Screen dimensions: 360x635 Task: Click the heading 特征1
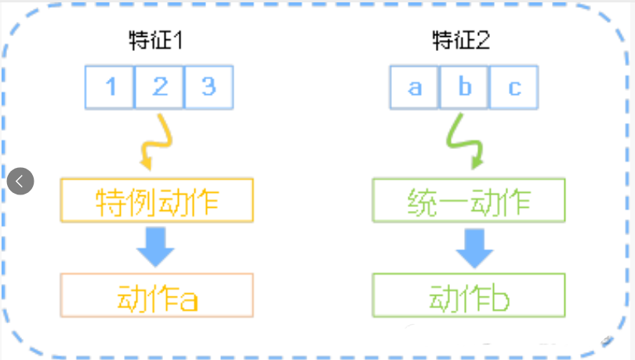coord(156,41)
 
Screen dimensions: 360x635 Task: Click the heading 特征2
coord(462,41)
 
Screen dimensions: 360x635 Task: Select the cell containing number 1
coord(110,86)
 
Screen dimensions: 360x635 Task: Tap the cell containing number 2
coord(159,86)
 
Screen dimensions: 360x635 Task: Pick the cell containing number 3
coord(209,86)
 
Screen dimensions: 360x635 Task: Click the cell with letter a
coord(415,86)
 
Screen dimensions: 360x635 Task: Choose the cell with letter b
coord(464,86)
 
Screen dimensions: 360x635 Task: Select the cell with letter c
coord(513,86)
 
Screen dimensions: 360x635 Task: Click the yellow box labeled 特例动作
coord(157,200)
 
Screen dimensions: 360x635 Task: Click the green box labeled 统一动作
coord(468,200)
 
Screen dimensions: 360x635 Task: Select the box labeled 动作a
coord(157,296)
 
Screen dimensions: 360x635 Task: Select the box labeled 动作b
coord(468,296)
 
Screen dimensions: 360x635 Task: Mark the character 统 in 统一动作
coord(422,201)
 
